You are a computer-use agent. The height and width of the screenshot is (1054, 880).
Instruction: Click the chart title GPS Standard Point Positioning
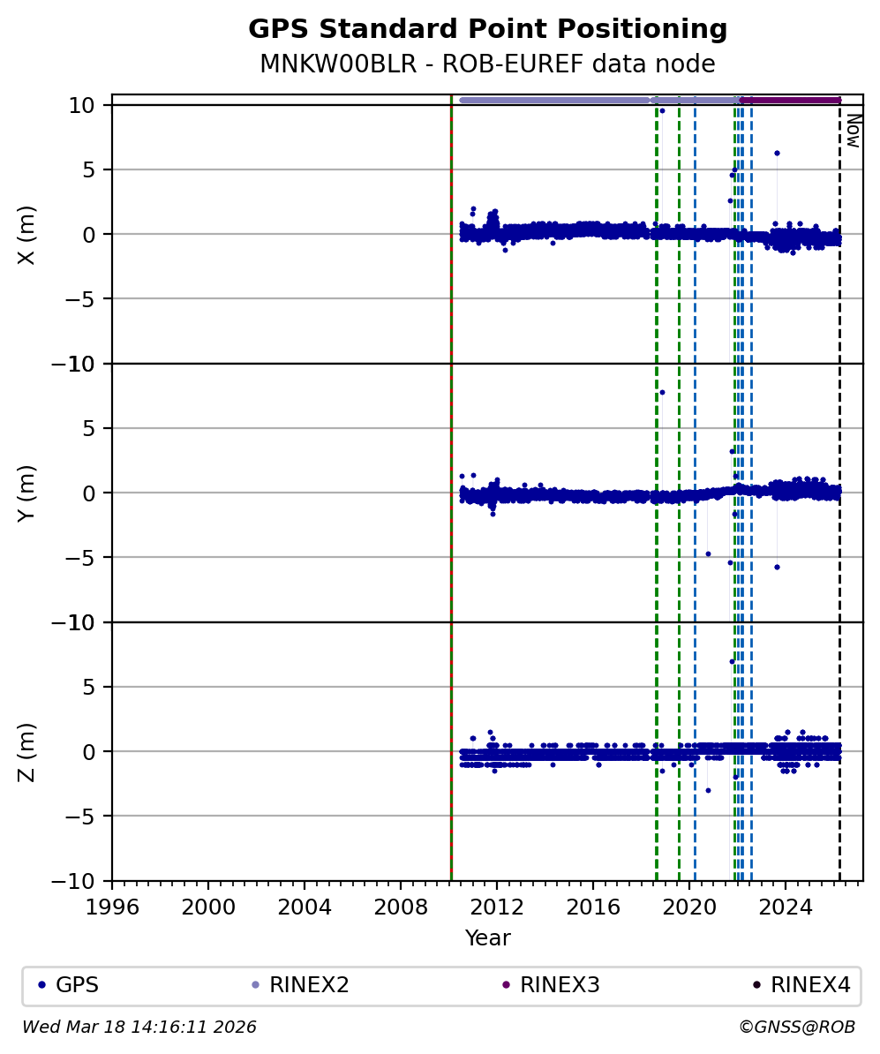click(x=487, y=29)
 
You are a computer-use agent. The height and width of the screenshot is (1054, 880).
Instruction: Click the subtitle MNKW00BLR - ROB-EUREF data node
click(x=487, y=64)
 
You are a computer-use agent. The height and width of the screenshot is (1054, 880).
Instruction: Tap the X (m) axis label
click(x=26, y=234)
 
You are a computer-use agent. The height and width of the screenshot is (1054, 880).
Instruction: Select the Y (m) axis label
click(x=26, y=493)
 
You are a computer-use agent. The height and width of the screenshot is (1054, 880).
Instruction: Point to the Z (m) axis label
click(x=26, y=751)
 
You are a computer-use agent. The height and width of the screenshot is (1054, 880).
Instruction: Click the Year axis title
click(x=487, y=938)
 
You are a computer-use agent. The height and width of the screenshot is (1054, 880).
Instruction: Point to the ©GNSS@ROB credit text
click(x=797, y=1028)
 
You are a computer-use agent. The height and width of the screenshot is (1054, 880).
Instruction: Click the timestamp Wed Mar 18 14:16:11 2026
click(x=139, y=1028)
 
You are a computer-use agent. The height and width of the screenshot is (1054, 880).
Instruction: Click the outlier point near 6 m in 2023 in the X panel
click(x=777, y=153)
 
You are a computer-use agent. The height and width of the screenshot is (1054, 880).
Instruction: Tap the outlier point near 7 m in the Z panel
click(x=732, y=661)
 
